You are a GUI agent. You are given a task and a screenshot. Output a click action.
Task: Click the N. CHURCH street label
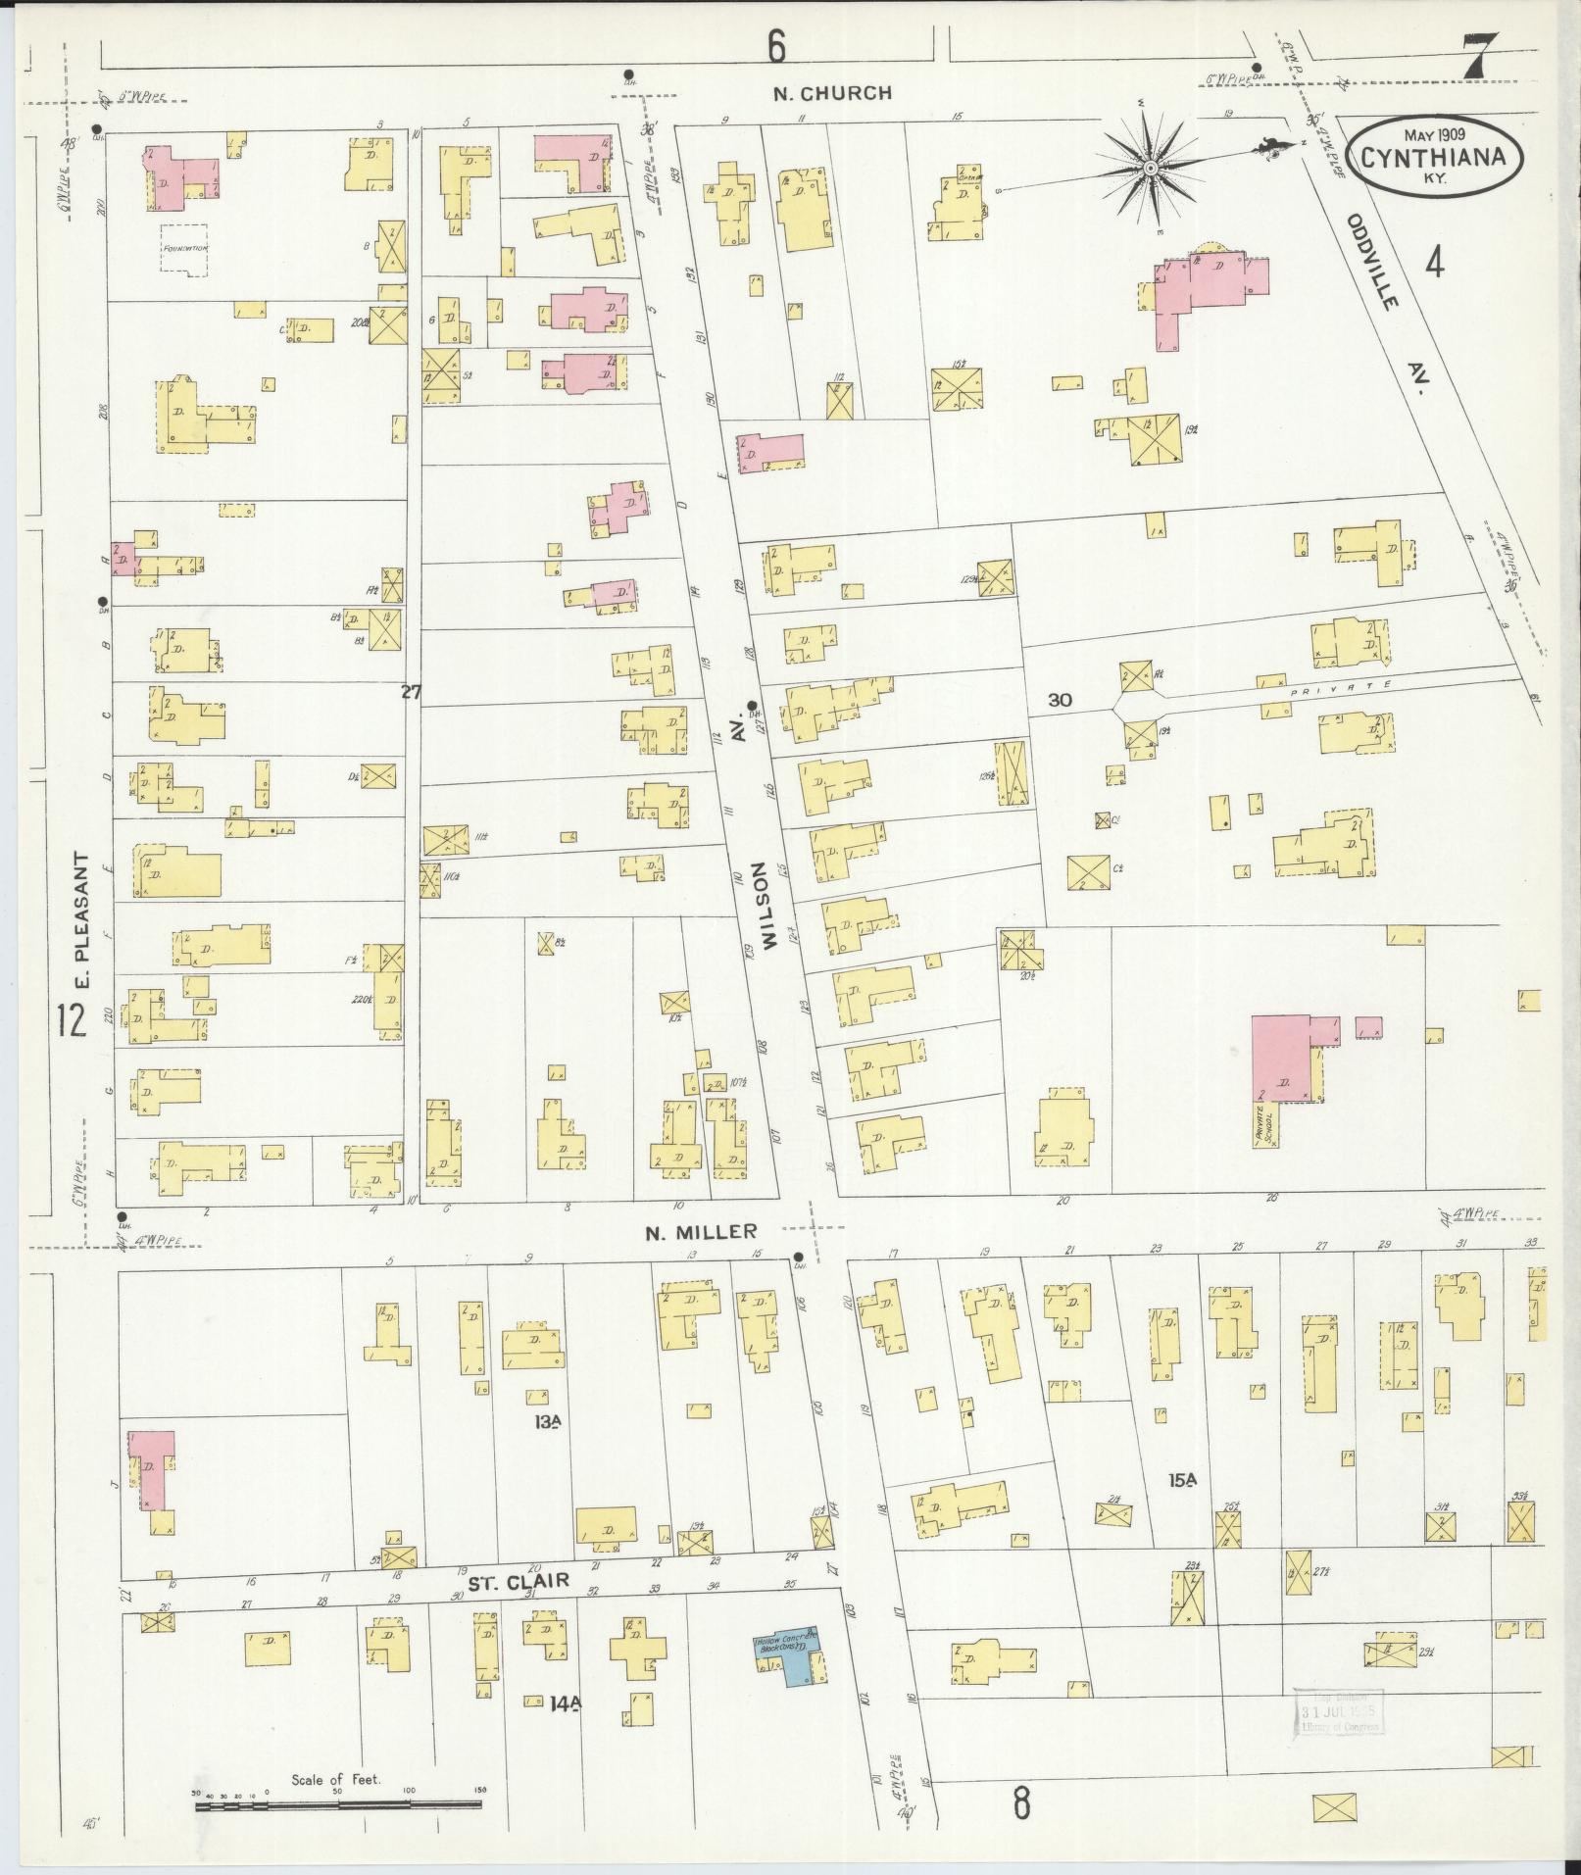832,94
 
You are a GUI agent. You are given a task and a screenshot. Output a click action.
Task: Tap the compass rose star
1149,170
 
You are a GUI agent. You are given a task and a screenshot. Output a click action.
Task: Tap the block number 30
1060,700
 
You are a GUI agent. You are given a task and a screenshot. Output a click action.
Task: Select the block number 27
411,692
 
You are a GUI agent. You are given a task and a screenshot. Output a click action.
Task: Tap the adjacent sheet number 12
70,1021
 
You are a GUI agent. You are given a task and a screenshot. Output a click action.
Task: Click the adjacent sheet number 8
1021,1803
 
